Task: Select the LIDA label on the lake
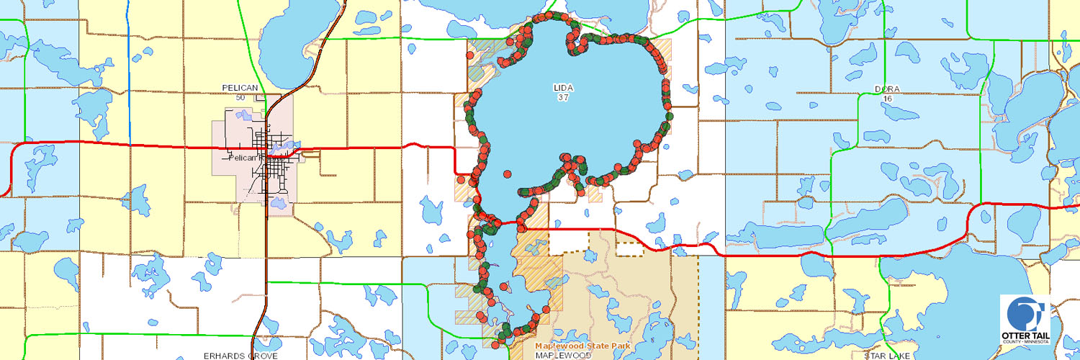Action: point(563,87)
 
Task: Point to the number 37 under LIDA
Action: point(563,97)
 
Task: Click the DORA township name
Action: point(887,89)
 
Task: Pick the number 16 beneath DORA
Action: point(886,99)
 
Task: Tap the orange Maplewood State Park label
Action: point(582,346)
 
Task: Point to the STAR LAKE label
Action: point(887,356)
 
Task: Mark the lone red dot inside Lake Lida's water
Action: point(508,174)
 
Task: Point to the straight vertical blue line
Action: point(130,72)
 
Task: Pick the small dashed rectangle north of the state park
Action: point(630,249)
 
